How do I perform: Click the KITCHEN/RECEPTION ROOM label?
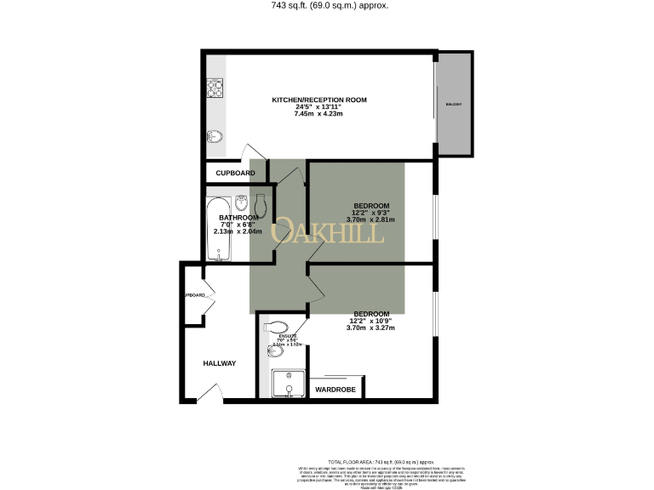click(318, 100)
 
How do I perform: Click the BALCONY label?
click(453, 104)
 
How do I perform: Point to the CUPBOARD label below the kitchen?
click(235, 173)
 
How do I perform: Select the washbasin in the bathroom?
click(242, 203)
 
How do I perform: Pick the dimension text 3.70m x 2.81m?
click(370, 219)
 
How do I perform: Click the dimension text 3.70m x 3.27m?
click(370, 327)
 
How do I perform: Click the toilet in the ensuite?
click(276, 327)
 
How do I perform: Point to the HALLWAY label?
click(219, 363)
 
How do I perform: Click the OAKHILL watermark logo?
click(327, 232)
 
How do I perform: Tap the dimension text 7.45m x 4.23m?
click(318, 114)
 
